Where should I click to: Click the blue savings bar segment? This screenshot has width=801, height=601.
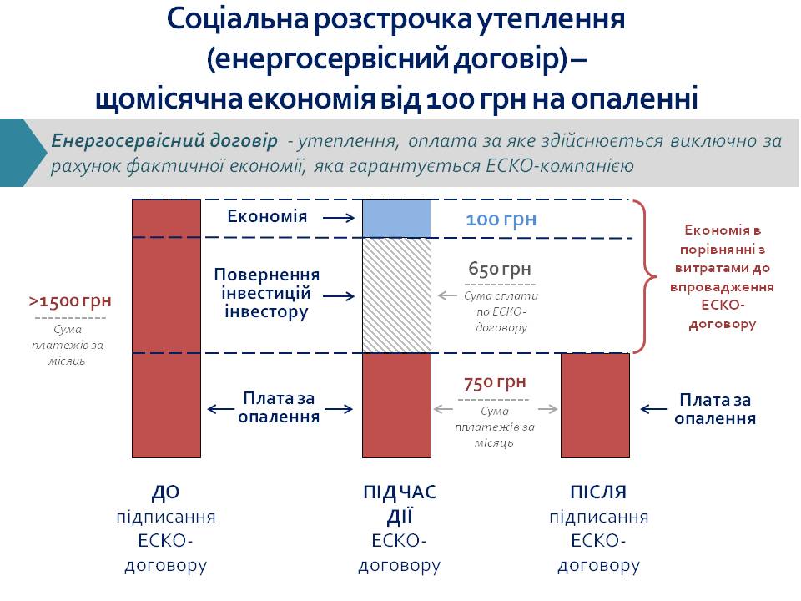pyautogui.click(x=396, y=219)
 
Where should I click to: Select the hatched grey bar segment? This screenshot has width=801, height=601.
pyautogui.click(x=396, y=295)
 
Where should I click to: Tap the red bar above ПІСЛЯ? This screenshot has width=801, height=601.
pyautogui.click(x=595, y=406)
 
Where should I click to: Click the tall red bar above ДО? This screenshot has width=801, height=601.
pyautogui.click(x=167, y=329)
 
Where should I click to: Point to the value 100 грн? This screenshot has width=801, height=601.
pyautogui.click(x=501, y=220)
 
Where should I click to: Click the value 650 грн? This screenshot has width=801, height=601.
pyautogui.click(x=500, y=269)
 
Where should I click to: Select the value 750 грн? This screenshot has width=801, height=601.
pyautogui.click(x=495, y=382)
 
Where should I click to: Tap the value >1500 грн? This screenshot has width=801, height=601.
pyautogui.click(x=70, y=301)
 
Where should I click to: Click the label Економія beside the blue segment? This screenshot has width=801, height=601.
pyautogui.click(x=267, y=216)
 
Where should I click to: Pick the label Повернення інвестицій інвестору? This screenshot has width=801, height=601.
pyautogui.click(x=267, y=293)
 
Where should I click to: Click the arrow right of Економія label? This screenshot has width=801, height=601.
pyautogui.click(x=339, y=218)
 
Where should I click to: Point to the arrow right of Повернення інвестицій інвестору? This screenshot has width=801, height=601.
pyautogui.click(x=339, y=295)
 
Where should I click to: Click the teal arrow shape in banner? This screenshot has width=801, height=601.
pyautogui.click(x=23, y=152)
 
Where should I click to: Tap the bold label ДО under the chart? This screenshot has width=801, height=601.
pyautogui.click(x=165, y=492)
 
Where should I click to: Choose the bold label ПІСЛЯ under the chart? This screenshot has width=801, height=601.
pyautogui.click(x=598, y=492)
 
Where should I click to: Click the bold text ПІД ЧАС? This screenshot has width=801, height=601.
pyautogui.click(x=400, y=492)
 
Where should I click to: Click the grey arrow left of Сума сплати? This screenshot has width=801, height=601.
pyautogui.click(x=447, y=295)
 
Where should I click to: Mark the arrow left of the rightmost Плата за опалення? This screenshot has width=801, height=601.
pyautogui.click(x=654, y=409)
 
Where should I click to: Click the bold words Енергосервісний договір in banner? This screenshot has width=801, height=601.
pyautogui.click(x=164, y=140)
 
